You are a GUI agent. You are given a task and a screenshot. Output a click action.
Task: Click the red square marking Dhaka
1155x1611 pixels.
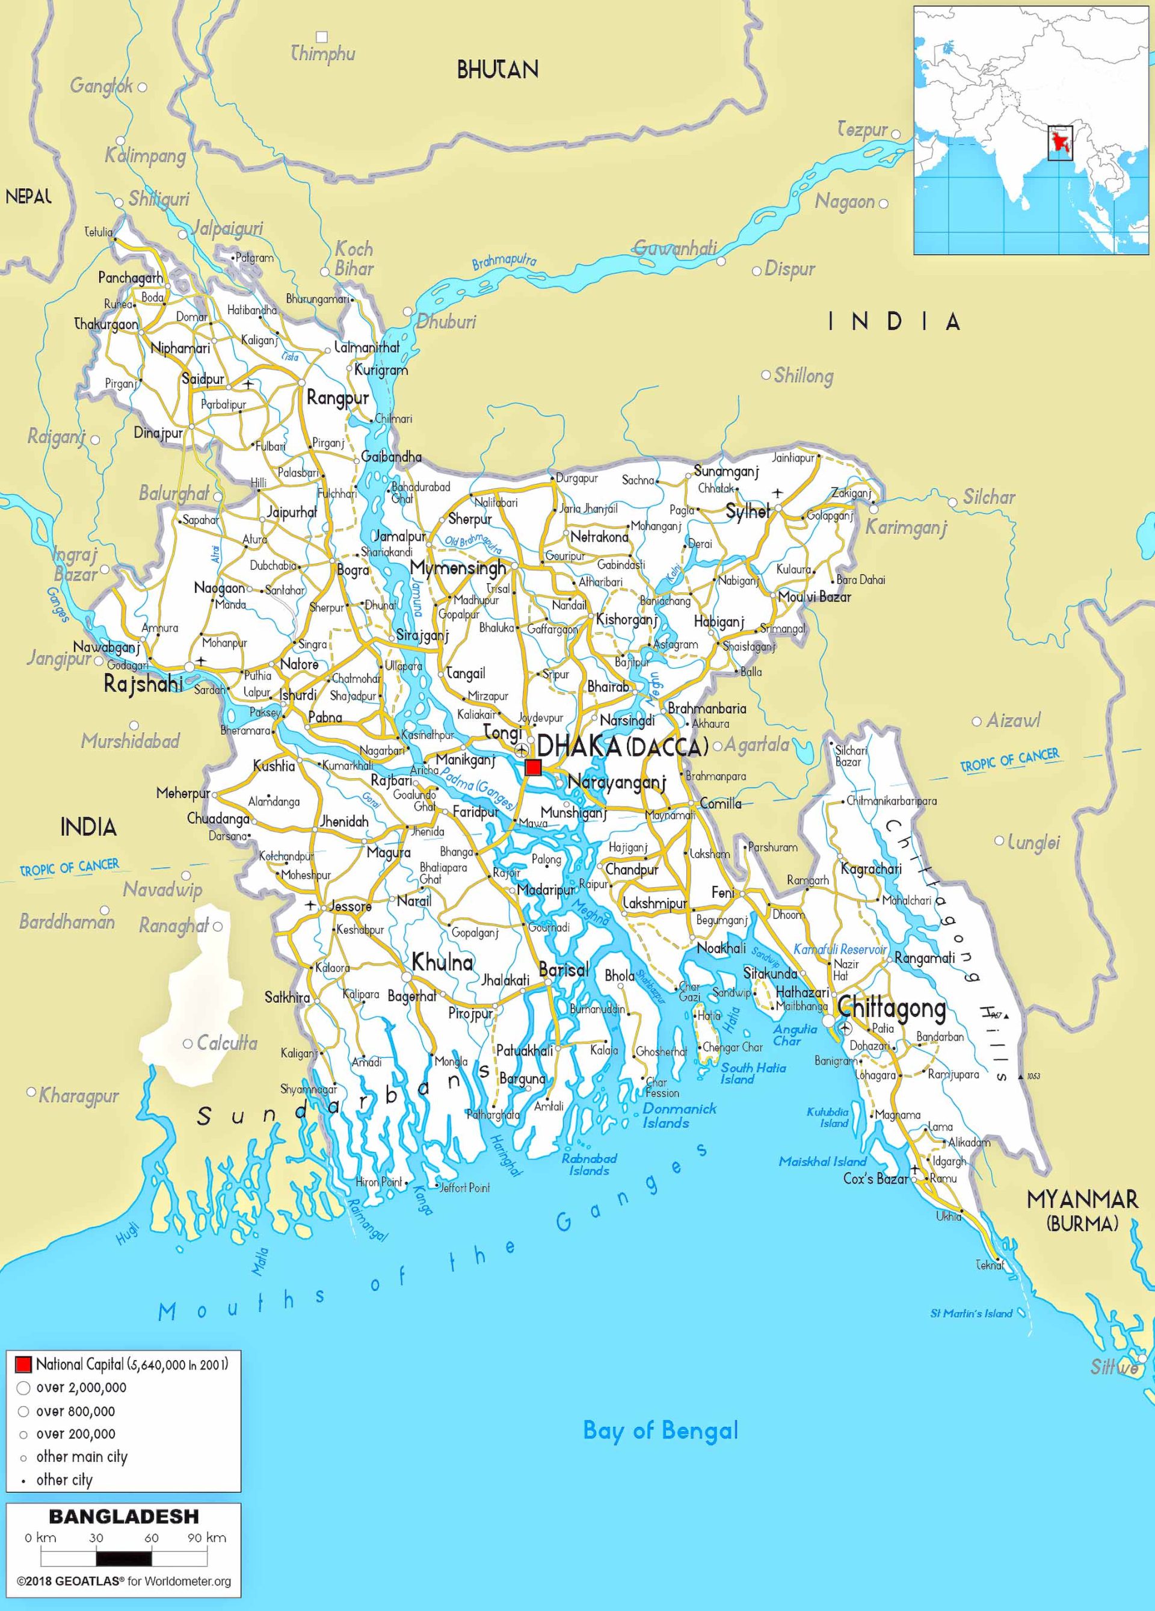[x=533, y=767]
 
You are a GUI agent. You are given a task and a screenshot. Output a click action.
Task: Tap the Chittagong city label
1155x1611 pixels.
[x=892, y=1008]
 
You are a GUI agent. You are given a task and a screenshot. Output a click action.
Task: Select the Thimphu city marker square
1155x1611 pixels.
[x=322, y=36]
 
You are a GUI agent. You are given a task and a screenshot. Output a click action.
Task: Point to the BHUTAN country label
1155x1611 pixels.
[x=497, y=70]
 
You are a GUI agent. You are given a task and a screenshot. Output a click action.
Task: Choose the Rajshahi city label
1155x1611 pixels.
[x=143, y=684]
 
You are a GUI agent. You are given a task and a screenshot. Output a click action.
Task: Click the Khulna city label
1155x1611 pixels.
[x=442, y=962]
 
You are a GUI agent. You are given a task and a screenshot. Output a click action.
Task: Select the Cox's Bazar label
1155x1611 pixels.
[x=875, y=1178]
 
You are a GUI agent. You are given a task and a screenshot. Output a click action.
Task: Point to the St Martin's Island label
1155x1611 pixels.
[x=970, y=1313]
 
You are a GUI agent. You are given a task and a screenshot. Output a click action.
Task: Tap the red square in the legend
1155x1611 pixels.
[x=23, y=1364]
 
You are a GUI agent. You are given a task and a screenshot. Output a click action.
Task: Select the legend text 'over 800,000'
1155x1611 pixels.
[x=75, y=1411]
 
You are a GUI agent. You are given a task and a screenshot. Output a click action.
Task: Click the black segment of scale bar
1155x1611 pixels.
[x=123, y=1559]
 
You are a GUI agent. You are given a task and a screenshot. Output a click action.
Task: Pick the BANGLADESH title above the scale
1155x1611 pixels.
[x=123, y=1517]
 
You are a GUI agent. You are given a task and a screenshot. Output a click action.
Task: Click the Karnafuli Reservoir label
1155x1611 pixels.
[x=840, y=950]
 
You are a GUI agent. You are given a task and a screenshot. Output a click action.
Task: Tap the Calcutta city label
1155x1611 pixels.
[x=226, y=1043]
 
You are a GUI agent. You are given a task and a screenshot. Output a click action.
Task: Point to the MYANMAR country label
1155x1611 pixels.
[x=1082, y=1201]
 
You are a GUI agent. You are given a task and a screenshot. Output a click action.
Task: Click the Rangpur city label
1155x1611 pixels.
[x=337, y=398]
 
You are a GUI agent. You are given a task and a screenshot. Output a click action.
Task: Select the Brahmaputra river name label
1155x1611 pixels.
[x=504, y=261]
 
